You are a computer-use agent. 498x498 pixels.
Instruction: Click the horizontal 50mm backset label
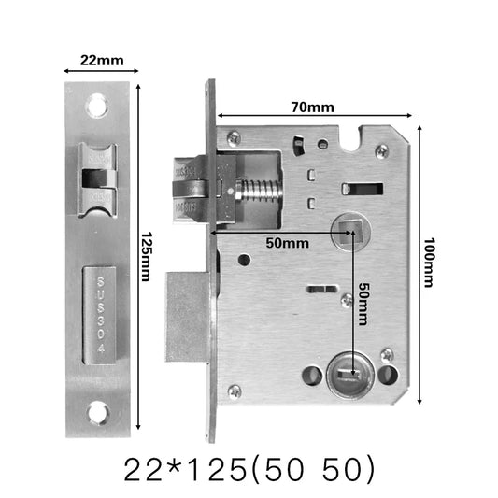286,243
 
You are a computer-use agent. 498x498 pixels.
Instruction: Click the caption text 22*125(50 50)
249,468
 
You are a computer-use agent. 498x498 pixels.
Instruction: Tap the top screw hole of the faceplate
97,107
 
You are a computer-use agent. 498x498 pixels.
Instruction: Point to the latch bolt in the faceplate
97,178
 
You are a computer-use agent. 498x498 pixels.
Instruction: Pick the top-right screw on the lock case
381,149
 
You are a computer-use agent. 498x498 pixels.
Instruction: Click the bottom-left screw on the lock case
235,391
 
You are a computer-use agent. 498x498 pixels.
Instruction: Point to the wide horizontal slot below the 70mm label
363,188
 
